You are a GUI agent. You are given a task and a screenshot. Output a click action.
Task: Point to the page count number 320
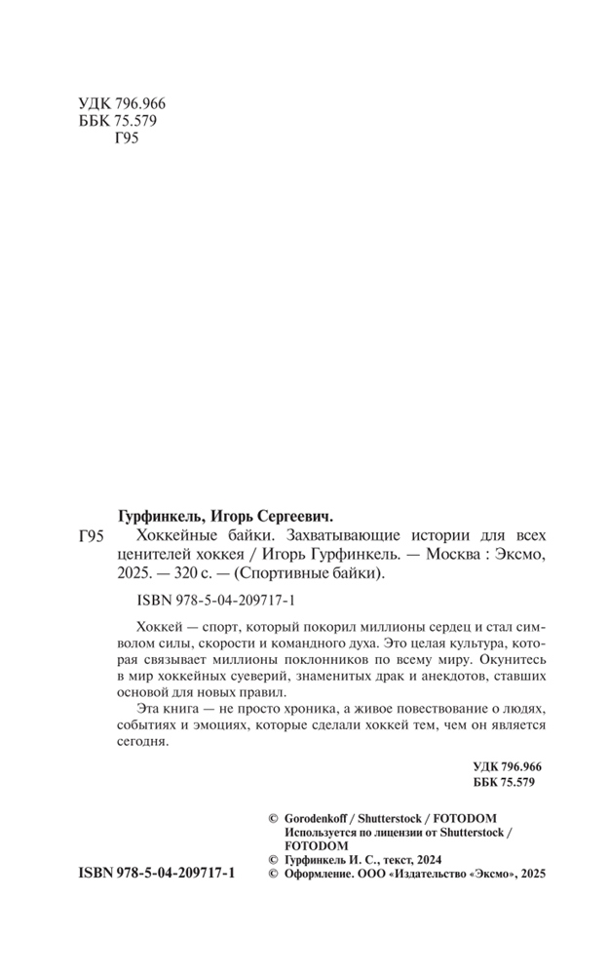[190, 573]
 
